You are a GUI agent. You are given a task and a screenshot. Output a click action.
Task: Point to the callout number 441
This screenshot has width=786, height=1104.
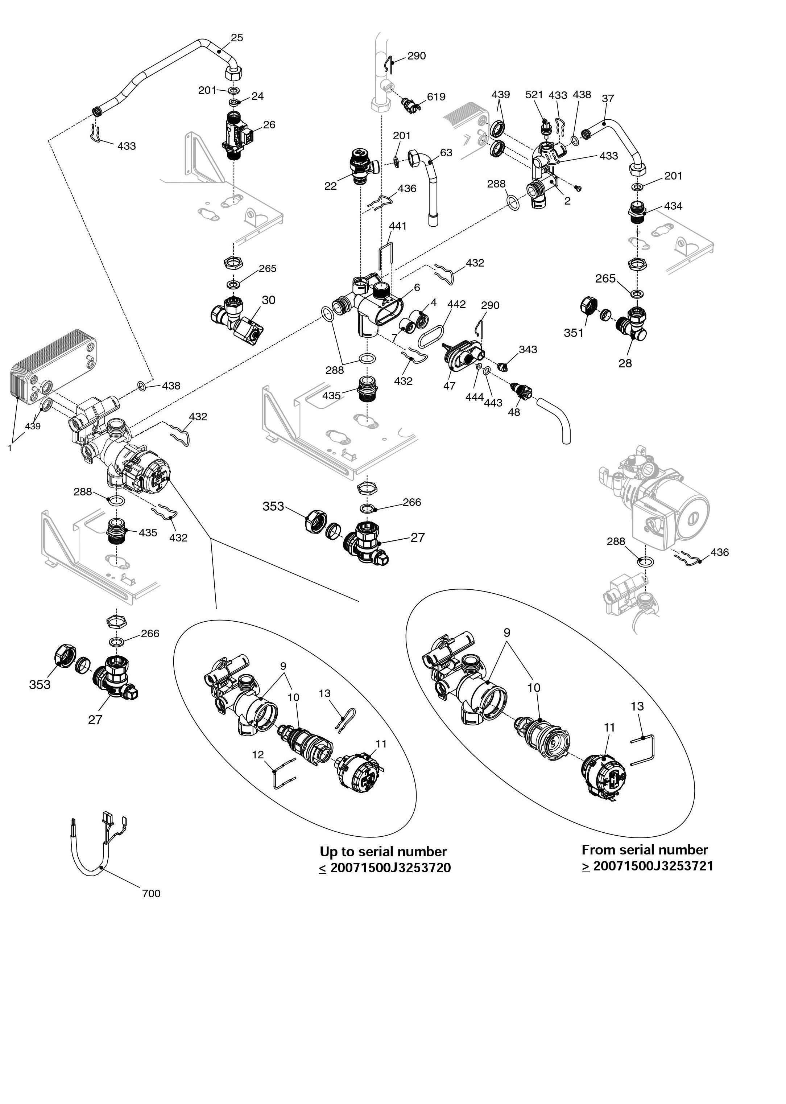click(397, 226)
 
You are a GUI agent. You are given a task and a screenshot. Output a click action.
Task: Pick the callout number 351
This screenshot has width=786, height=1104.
click(574, 333)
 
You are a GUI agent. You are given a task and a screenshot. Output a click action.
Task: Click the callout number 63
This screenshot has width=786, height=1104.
click(446, 153)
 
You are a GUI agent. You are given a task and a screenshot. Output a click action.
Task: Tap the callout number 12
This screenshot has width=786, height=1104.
click(258, 754)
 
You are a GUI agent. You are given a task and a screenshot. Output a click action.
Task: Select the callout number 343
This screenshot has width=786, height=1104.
click(528, 350)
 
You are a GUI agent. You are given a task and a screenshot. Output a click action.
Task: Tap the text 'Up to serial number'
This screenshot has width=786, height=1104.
click(383, 851)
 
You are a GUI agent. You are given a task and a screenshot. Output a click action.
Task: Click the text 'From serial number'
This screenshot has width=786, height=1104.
click(644, 849)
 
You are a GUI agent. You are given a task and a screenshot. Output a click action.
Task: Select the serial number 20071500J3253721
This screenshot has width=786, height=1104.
click(653, 866)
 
